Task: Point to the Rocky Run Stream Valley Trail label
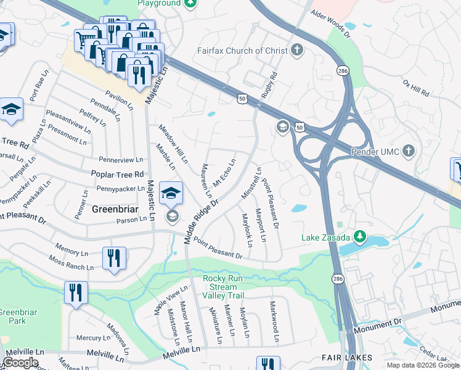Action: [222, 287]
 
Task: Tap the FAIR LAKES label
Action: [346, 358]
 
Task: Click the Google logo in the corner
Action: [20, 363]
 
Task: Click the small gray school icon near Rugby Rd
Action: [283, 126]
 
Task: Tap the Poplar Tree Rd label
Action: [117, 175]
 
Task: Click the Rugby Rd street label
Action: [269, 84]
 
